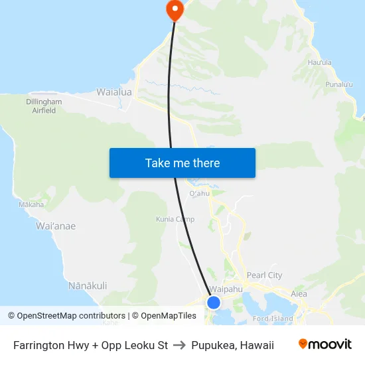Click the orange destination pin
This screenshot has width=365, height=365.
(175, 9)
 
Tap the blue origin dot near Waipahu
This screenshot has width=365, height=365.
(214, 303)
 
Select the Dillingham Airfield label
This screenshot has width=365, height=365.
(44, 106)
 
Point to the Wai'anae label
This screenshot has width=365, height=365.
(56, 226)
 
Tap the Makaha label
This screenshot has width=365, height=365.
(31, 204)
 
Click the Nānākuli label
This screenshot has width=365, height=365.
(88, 285)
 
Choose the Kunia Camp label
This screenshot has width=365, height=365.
(175, 219)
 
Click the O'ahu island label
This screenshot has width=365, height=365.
(200, 194)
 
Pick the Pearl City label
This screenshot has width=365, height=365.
(264, 275)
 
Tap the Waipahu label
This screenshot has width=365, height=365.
(226, 289)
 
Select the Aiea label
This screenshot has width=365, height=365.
(299, 293)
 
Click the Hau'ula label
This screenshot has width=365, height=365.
(320, 63)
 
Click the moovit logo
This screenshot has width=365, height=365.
(325, 344)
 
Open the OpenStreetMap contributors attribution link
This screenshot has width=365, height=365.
(66, 316)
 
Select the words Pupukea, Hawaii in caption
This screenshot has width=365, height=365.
(232, 345)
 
